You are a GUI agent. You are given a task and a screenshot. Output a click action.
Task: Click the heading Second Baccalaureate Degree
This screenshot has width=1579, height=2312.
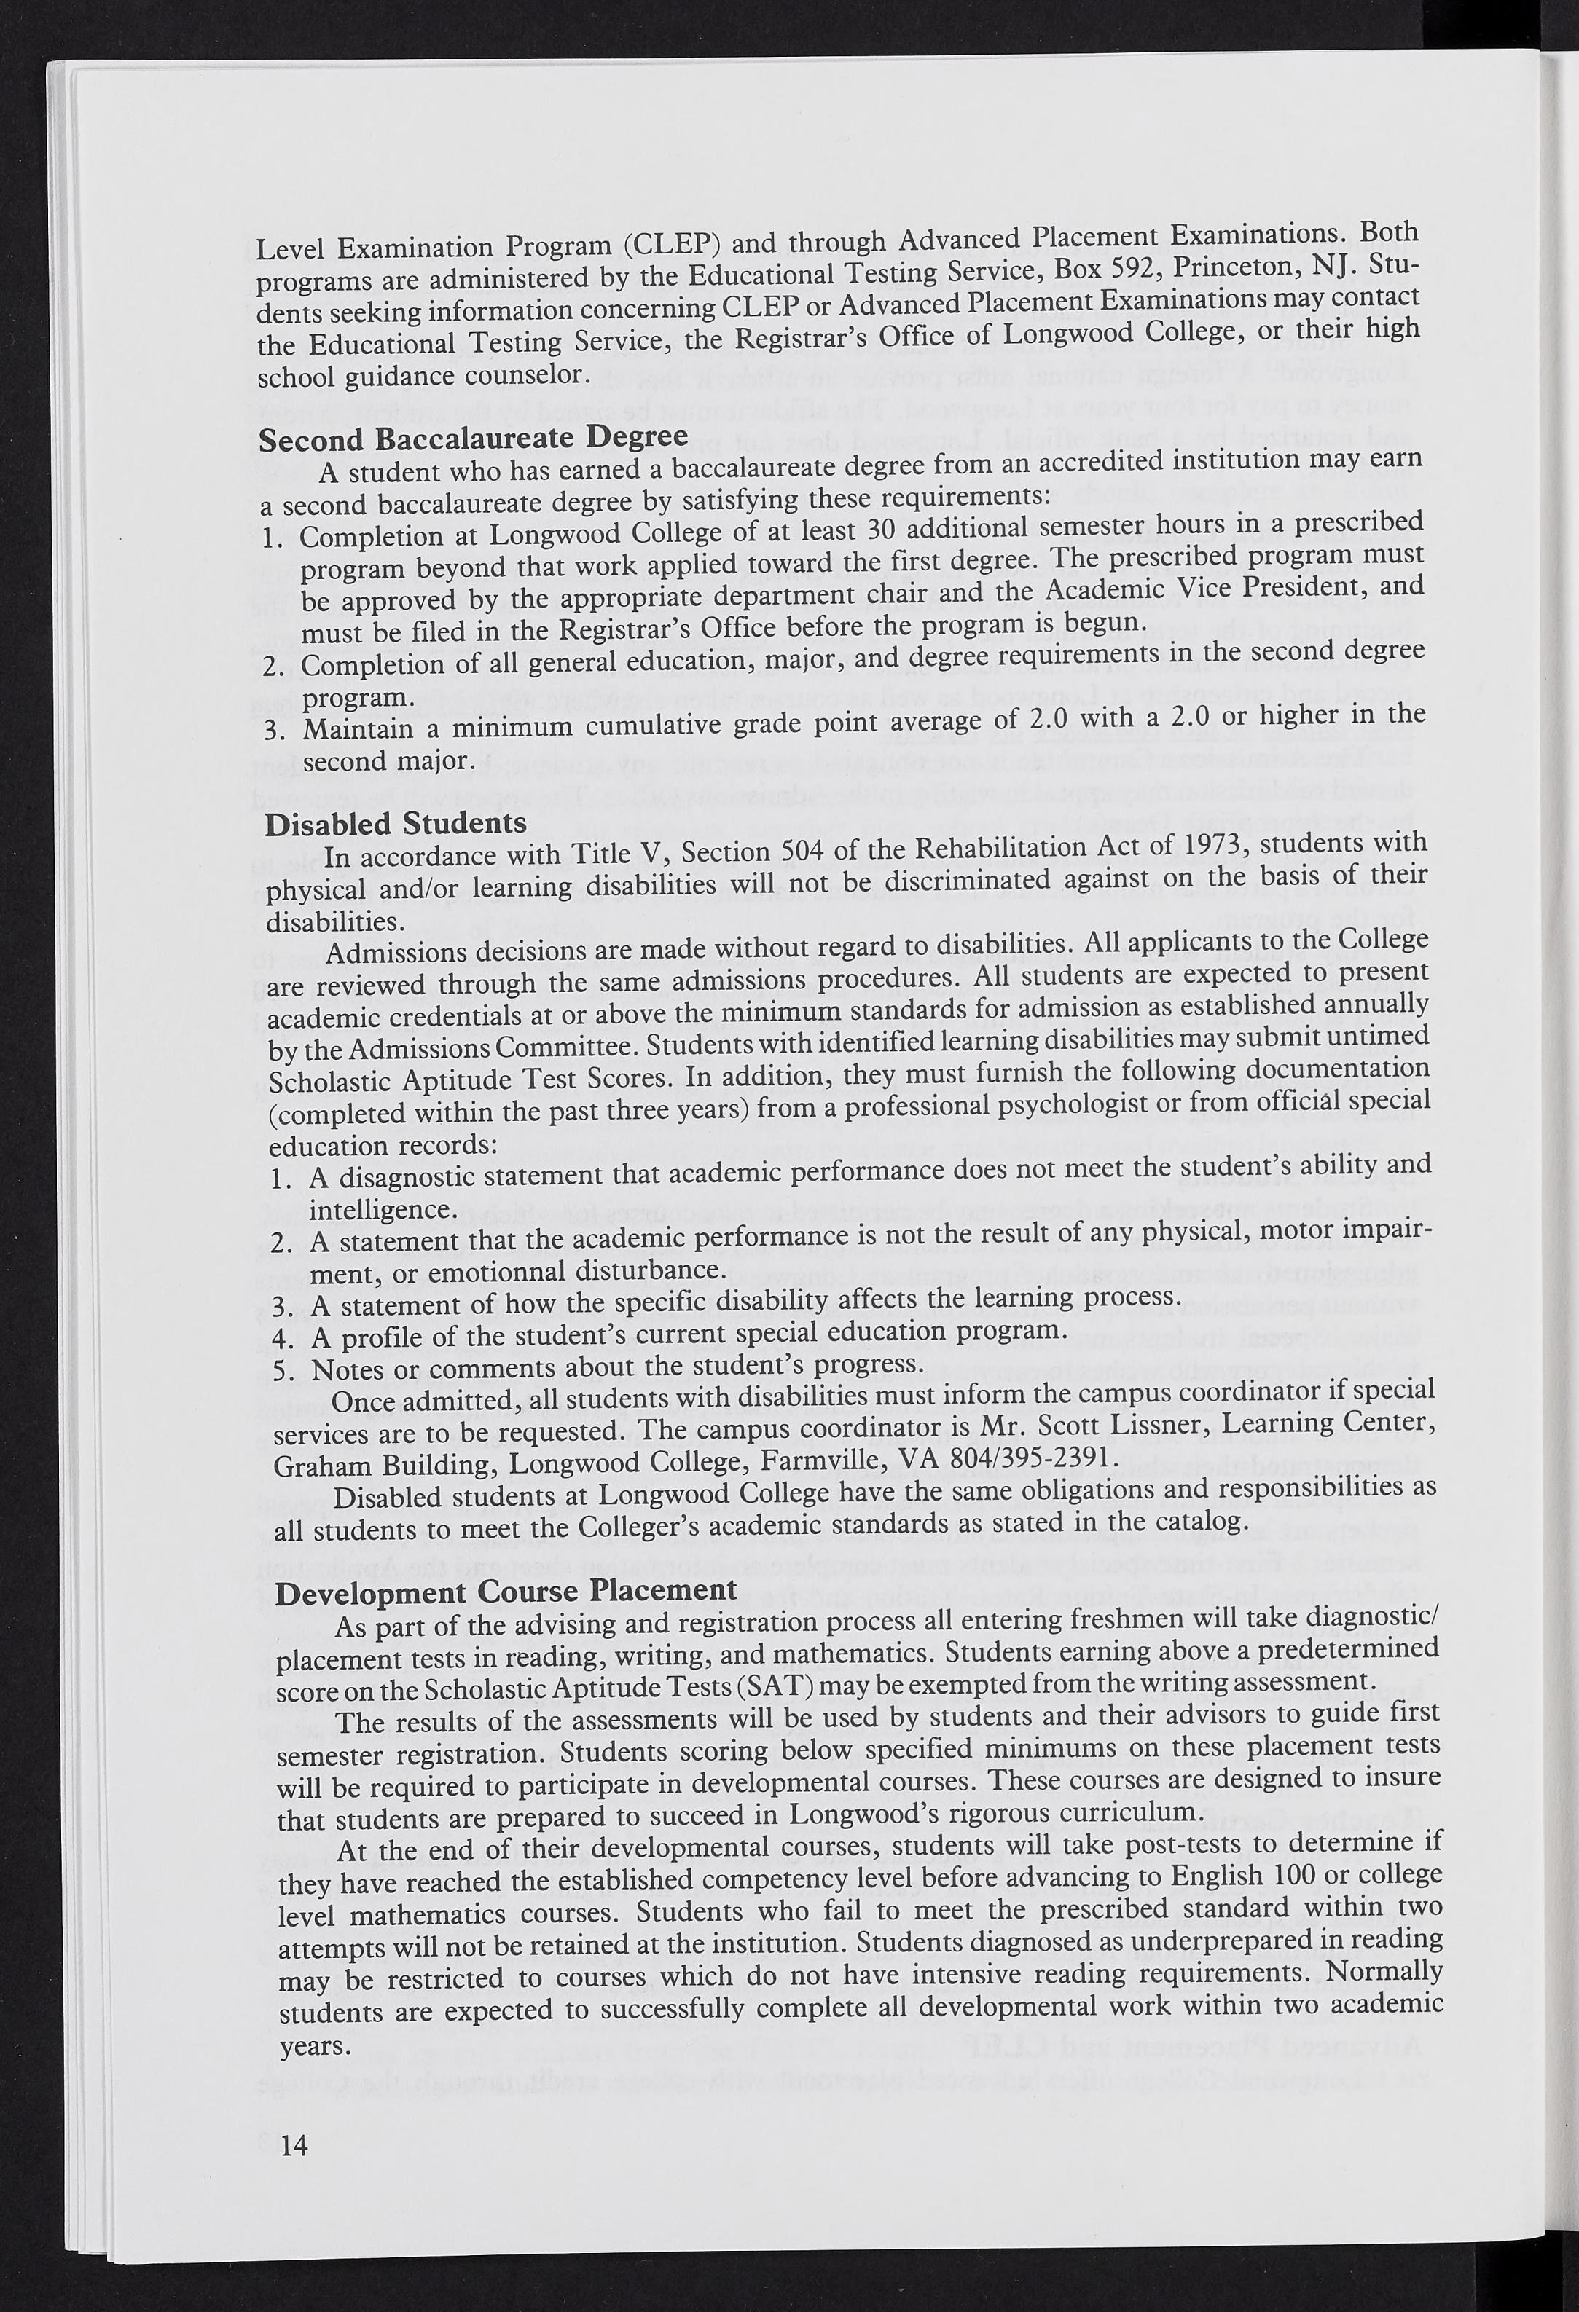(473, 439)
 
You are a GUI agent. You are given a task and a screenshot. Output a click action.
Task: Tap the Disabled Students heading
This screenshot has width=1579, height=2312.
(396, 825)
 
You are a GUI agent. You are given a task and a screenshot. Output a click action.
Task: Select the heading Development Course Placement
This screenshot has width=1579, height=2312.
(506, 1591)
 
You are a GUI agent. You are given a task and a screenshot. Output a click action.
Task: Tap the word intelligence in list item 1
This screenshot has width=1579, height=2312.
(382, 1211)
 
